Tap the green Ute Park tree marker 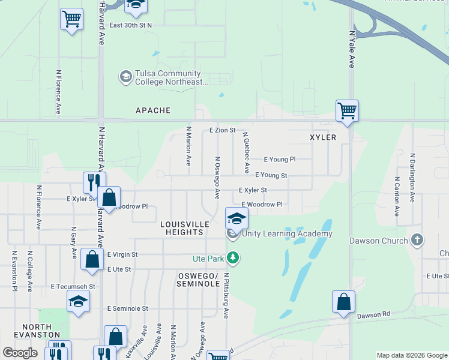[233, 258]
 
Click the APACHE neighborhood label [153, 110]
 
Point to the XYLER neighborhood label [323, 137]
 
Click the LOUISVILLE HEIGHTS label [185, 228]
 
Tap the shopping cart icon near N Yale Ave [347, 110]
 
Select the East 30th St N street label [131, 26]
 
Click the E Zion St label [222, 130]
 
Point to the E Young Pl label [280, 160]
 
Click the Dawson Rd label [373, 314]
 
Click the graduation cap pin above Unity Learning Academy [237, 218]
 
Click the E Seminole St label [128, 308]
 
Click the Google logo [20, 353]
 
